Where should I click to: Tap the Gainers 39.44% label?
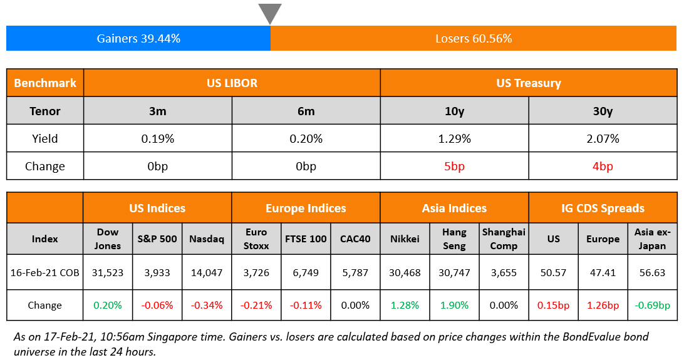[138, 39]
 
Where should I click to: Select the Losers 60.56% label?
[474, 39]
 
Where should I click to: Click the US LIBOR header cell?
[232, 83]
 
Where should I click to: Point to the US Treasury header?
[528, 83]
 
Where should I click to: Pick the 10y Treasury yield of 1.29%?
[455, 139]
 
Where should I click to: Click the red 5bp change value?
[455, 167]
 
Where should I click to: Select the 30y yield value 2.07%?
[603, 139]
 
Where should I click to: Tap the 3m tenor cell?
[158, 111]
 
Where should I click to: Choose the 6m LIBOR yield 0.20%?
[306, 139]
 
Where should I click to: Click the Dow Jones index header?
[108, 239]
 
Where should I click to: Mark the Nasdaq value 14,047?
[207, 272]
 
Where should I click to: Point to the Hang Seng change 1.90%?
[454, 306]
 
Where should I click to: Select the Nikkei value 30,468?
[405, 272]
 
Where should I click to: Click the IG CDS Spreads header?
[603, 208]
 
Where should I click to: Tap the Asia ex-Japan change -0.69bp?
[652, 306]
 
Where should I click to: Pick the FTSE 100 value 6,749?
[306, 272]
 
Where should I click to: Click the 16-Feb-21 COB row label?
[44, 272]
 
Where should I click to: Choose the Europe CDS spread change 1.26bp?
[603, 306]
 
